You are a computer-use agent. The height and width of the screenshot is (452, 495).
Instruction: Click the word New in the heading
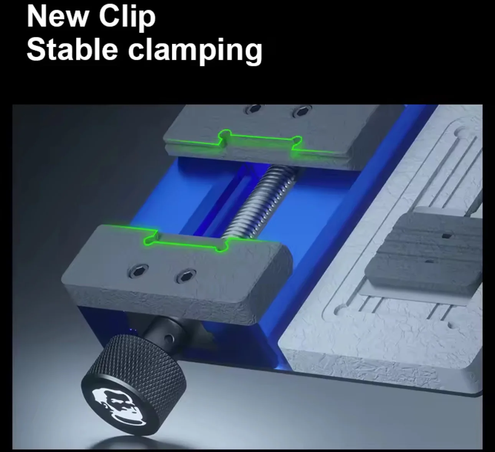[x=58, y=17]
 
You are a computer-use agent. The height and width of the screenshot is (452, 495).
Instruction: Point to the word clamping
[x=195, y=51]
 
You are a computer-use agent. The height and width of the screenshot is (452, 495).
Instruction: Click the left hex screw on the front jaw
[x=139, y=270]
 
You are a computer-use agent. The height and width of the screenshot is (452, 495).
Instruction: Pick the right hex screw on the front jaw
[x=186, y=275]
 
